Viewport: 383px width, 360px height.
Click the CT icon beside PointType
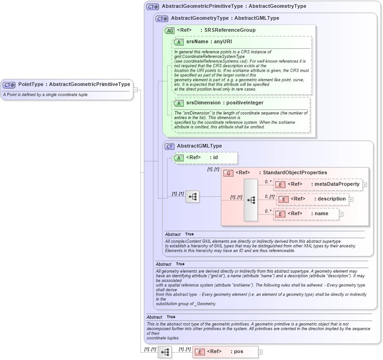9,85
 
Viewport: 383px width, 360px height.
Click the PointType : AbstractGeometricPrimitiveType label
74,85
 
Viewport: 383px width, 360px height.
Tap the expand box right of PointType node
136,90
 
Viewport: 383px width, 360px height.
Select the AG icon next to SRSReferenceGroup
170,30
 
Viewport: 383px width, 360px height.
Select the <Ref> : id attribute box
205,158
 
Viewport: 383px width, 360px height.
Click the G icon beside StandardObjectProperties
228,173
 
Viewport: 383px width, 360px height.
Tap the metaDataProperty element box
318,184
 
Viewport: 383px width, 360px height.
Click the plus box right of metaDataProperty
365,185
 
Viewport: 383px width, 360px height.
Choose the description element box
313,199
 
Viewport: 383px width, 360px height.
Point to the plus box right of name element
341,214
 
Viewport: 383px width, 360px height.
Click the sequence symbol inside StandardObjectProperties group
251,200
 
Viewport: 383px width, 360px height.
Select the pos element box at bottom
225,352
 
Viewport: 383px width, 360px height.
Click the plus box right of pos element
260,352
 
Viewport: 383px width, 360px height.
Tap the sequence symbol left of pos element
164,352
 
